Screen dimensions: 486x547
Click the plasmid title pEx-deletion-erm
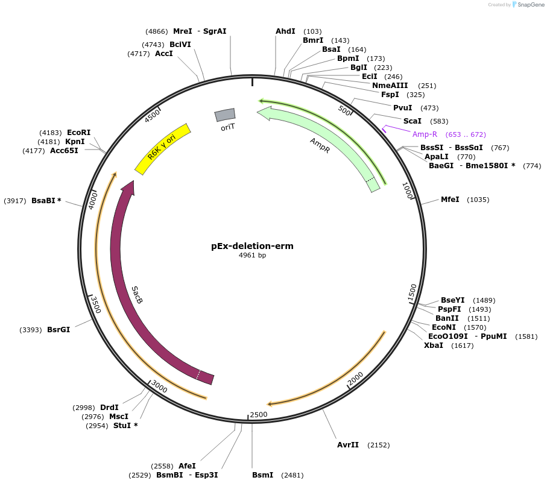pyautogui.click(x=252, y=246)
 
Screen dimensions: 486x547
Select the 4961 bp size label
pyautogui.click(x=252, y=256)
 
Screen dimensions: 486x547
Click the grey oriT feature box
pyautogui.click(x=225, y=115)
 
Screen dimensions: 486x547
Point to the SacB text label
pyautogui.click(x=138, y=294)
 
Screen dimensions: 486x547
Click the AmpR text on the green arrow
pyautogui.click(x=320, y=145)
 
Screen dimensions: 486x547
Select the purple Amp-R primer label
pyautogui.click(x=425, y=134)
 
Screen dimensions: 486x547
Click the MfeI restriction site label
pyautogui.click(x=450, y=200)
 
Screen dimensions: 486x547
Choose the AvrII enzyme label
pyautogui.click(x=348, y=445)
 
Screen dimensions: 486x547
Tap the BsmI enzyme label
pyautogui.click(x=263, y=475)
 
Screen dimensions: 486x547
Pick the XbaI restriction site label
pyautogui.click(x=434, y=346)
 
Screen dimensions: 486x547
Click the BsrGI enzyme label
pyautogui.click(x=58, y=330)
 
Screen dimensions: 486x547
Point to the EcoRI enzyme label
pyautogui.click(x=78, y=133)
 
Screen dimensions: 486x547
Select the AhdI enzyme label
pyautogui.click(x=286, y=31)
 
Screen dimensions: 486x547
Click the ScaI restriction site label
pyautogui.click(x=413, y=121)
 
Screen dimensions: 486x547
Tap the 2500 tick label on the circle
pyautogui.click(x=259, y=414)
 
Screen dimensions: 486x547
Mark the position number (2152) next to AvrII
pyautogui.click(x=378, y=445)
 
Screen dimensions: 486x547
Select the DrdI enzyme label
pyautogui.click(x=109, y=408)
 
